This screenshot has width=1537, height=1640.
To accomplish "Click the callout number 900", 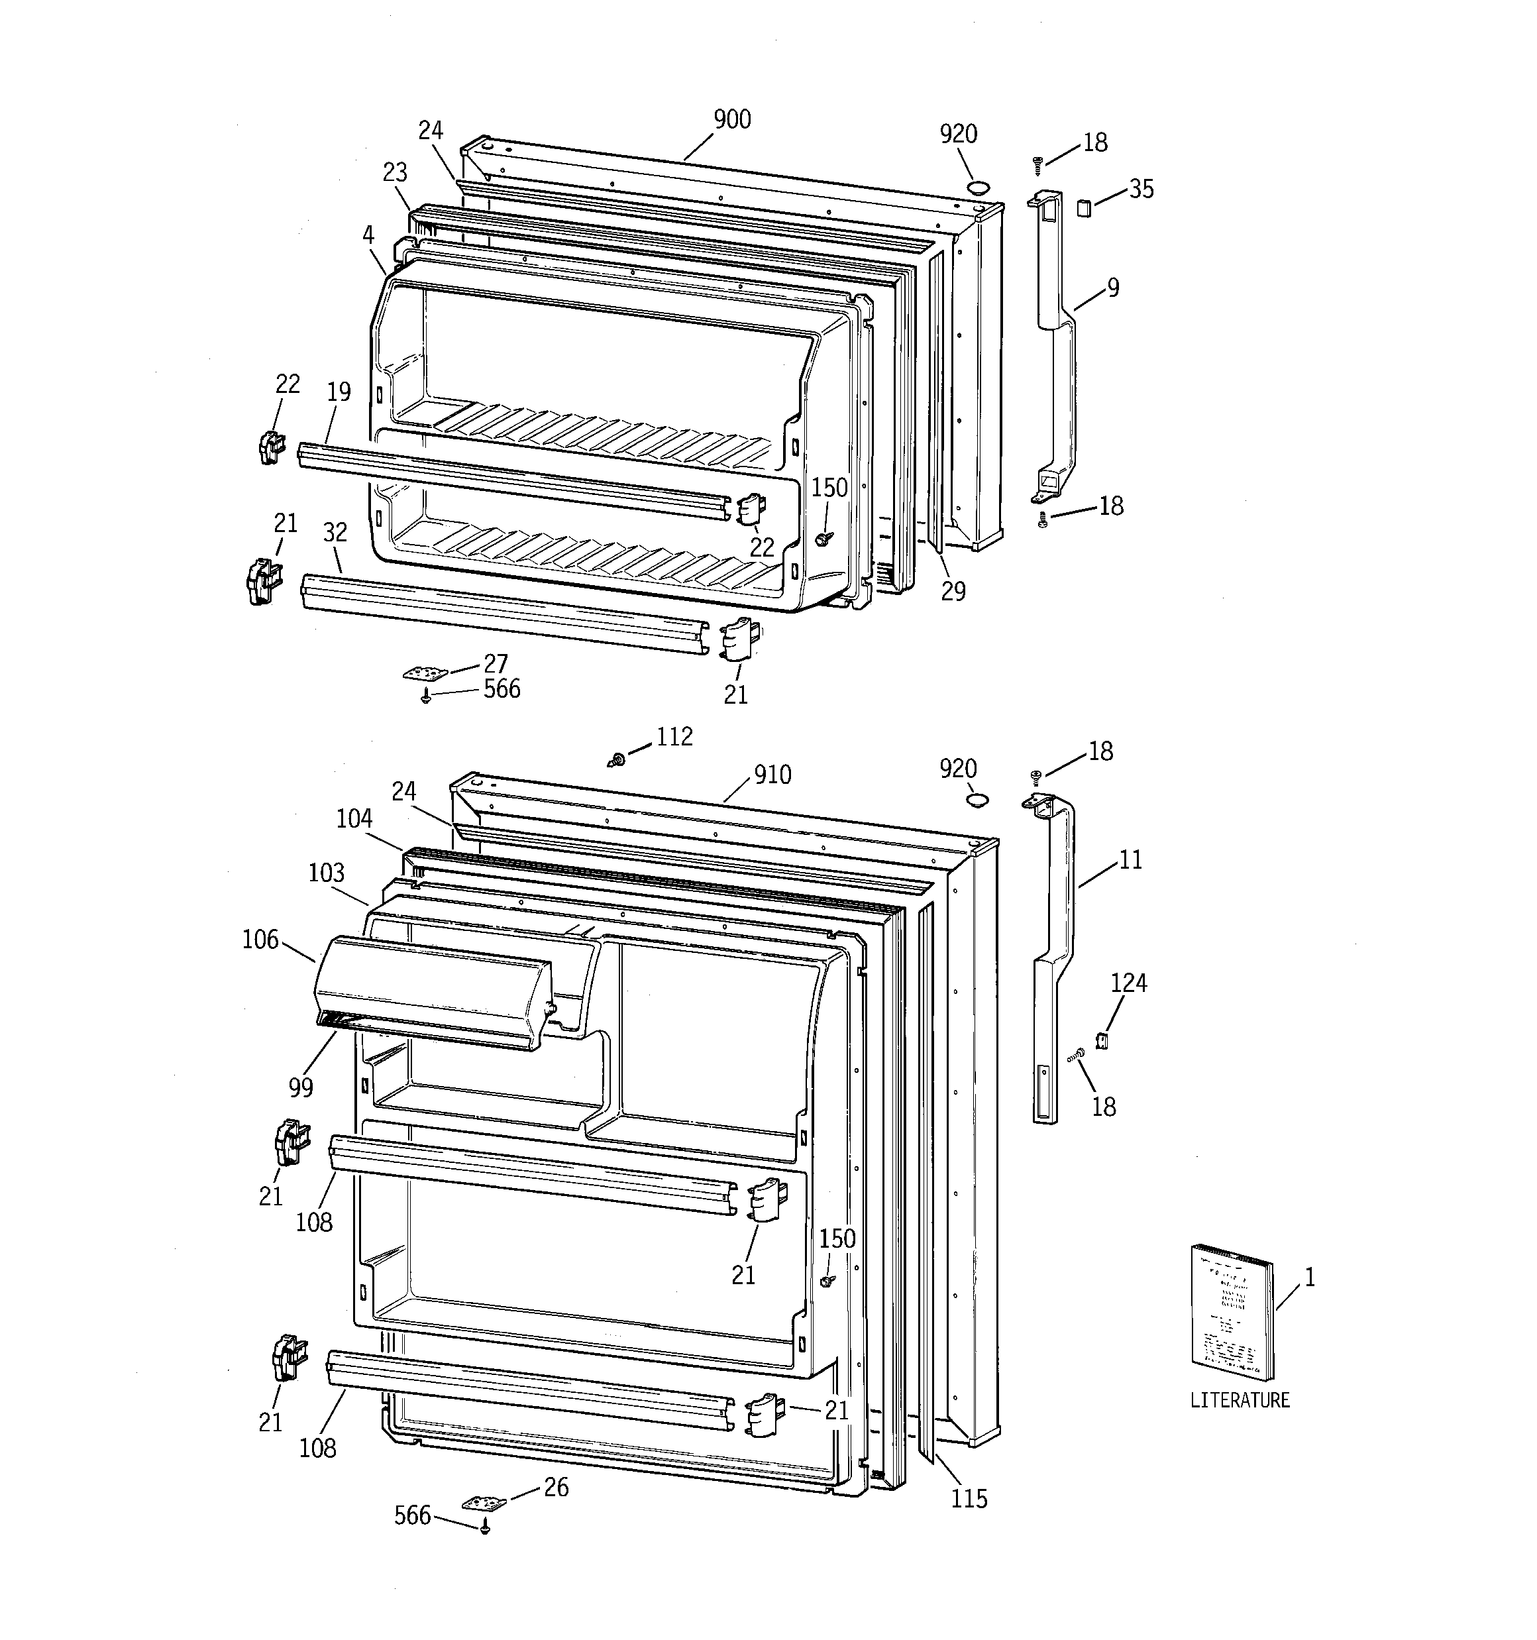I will pos(732,121).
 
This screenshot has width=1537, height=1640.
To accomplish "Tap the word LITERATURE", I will pos(1239,1400).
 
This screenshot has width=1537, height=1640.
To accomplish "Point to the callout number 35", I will pos(1141,190).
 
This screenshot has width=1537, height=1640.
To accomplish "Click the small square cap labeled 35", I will pos(1084,206).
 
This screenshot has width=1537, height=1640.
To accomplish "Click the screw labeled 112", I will pos(615,759).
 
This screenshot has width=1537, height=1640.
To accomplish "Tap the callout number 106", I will pos(261,940).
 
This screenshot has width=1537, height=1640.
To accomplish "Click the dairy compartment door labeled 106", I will pos(433,993).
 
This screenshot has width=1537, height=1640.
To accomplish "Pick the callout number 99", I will pos(301,1088).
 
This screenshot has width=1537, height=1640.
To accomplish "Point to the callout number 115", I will pos(969,1498).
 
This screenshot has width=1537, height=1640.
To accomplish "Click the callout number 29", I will pos(953,592).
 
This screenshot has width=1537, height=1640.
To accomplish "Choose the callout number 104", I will pos(354,819).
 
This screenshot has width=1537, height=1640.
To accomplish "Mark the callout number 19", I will pos(339,392).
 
